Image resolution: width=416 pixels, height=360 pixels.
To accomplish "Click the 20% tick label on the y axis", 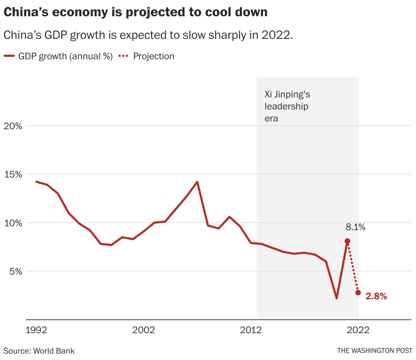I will click(13, 126).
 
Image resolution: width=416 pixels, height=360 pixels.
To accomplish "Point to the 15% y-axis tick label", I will click(13, 174).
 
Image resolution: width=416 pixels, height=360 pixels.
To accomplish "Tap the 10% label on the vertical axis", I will click(13, 223).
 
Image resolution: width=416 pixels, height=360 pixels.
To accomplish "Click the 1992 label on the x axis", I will click(37, 330).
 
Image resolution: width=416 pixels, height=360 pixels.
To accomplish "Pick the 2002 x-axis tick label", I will click(143, 330).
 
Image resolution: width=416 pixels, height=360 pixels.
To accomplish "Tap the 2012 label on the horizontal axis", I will click(251, 330).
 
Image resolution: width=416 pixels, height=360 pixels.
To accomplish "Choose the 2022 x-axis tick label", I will click(358, 330).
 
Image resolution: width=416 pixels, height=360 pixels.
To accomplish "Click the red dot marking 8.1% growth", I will click(347, 241).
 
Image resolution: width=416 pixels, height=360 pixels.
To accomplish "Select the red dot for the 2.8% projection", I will click(358, 293).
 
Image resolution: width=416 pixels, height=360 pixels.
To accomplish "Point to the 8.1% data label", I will click(355, 227).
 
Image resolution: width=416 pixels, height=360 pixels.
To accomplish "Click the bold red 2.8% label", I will click(376, 296).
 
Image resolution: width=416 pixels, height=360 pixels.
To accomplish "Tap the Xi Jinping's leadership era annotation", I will click(287, 106).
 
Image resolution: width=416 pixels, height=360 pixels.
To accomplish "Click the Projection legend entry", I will click(153, 56).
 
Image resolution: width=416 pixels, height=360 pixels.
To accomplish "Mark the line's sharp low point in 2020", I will click(337, 298).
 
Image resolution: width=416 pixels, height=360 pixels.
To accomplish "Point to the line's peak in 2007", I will click(197, 182).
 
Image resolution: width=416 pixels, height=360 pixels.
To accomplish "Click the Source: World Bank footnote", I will click(39, 351).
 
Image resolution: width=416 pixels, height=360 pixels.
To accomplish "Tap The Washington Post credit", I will click(374, 351).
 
